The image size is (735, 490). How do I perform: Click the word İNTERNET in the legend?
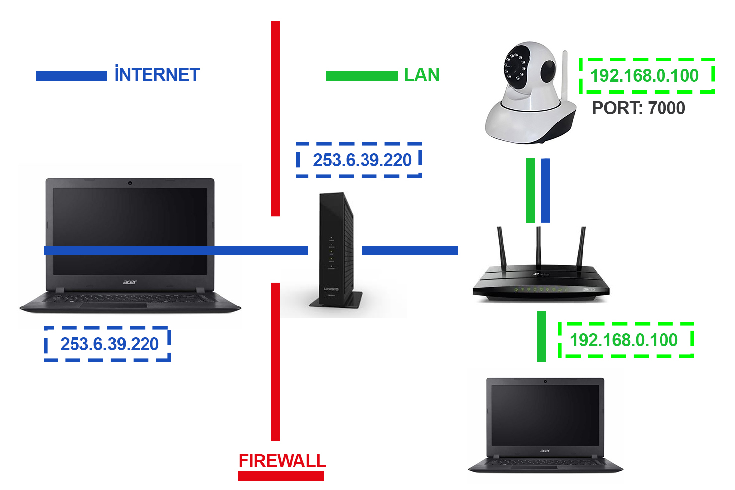(x=156, y=75)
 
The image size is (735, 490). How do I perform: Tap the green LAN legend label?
(x=422, y=75)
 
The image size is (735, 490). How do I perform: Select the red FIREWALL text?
(x=282, y=461)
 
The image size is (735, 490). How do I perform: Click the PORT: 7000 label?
(x=639, y=108)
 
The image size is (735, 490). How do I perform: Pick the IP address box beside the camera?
(x=647, y=76)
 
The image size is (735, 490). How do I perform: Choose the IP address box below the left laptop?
(x=108, y=344)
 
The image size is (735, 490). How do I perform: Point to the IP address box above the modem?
(x=360, y=160)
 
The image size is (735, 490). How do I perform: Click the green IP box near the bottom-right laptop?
(x=626, y=340)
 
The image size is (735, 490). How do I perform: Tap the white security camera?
(x=528, y=94)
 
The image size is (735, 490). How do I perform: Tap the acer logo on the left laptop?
(x=130, y=282)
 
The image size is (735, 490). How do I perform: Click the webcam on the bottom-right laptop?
(x=545, y=381)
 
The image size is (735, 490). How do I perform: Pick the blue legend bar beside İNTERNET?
(x=71, y=76)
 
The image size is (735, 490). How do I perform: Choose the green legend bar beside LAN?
(x=362, y=76)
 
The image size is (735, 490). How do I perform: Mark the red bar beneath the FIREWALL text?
(x=281, y=476)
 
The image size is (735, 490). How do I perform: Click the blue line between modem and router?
(x=410, y=250)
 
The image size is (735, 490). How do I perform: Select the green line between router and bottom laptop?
(x=542, y=336)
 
